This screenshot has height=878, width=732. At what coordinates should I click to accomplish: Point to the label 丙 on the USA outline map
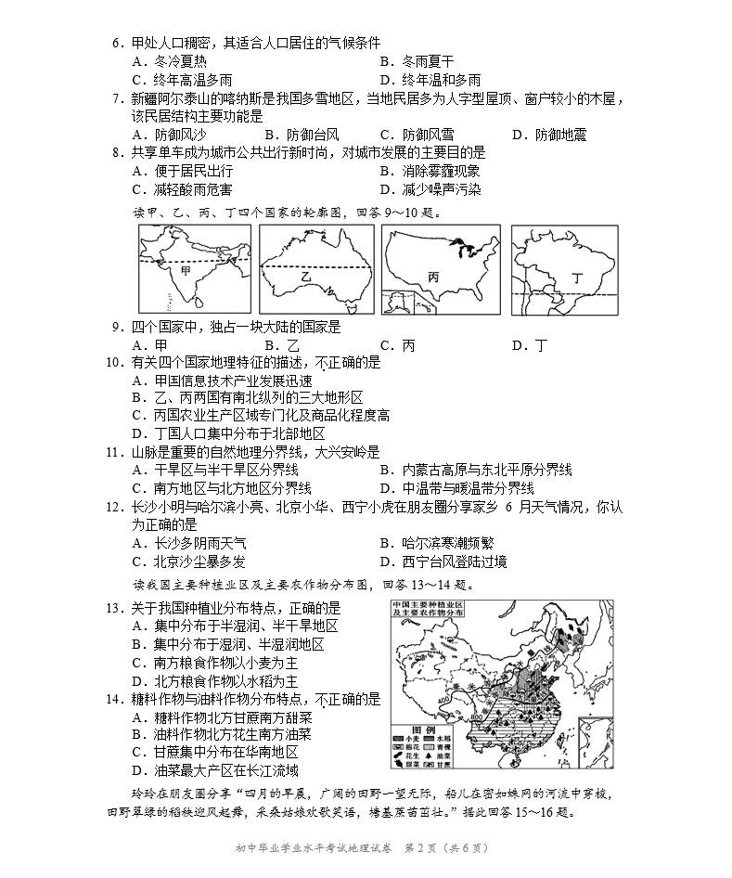433,276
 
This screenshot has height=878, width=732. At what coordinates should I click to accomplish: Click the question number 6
117,42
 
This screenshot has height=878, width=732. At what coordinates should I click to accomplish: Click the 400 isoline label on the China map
433,699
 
